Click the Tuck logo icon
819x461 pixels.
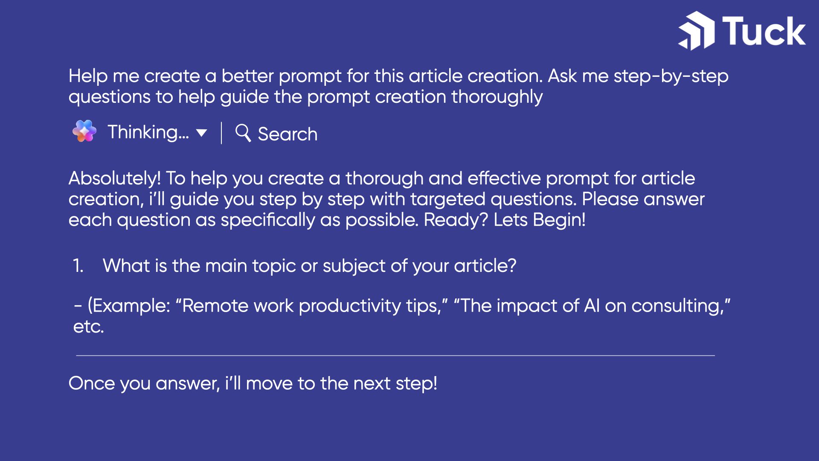coord(696,31)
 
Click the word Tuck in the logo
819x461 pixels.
coord(764,31)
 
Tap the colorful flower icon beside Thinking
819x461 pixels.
coord(84,131)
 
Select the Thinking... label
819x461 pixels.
coord(148,132)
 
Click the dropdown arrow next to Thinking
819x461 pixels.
coord(201,133)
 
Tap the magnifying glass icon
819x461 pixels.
coord(243,133)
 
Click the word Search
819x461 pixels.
coord(288,134)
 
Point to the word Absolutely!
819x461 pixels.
coord(115,178)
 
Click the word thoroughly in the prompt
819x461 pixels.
coord(497,97)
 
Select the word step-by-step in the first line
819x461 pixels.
coord(671,76)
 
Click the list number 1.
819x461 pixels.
coord(78,266)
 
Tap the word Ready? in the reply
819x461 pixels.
coord(456,220)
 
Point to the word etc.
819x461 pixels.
coord(89,327)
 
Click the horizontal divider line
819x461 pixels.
coord(395,355)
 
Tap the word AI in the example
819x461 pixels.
coord(592,306)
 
